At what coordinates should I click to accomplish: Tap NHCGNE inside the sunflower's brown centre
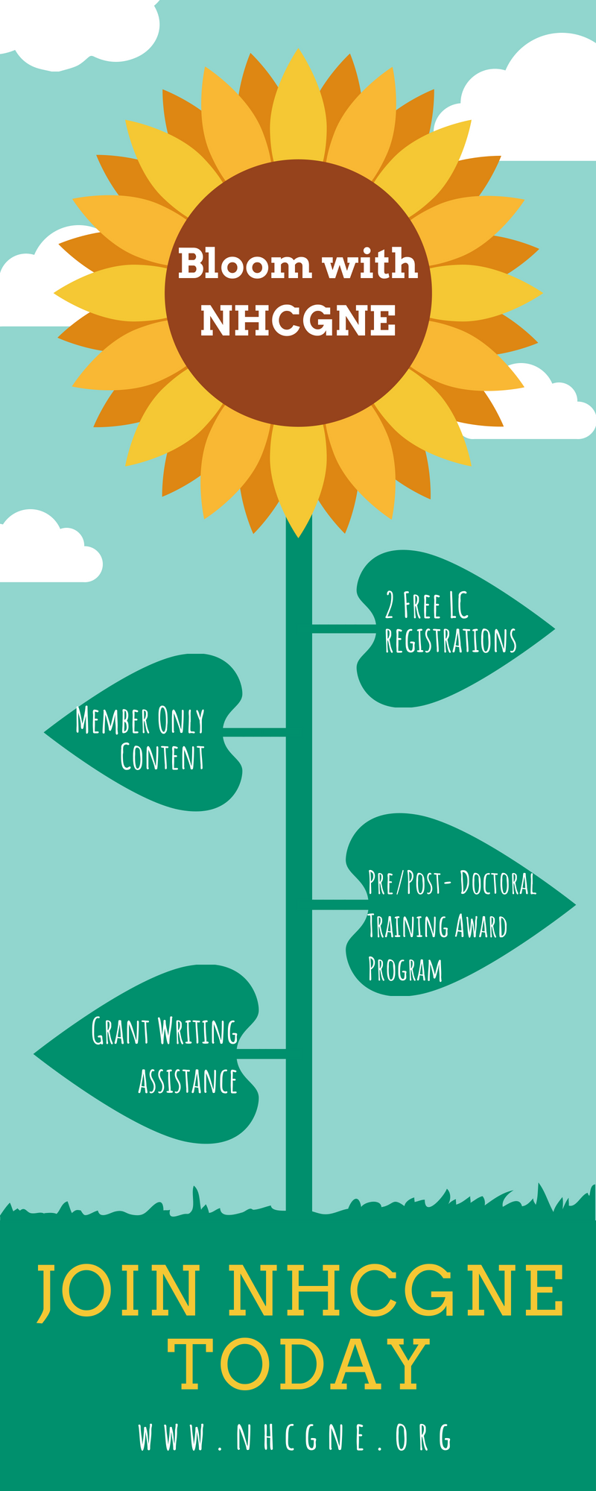pyautogui.click(x=298, y=321)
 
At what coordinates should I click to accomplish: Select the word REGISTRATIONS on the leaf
pyautogui.click(x=450, y=641)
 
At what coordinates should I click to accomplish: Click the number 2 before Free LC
pyautogui.click(x=390, y=606)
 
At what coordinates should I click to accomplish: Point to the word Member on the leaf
pyautogui.click(x=112, y=721)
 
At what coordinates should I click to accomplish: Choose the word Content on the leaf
pyautogui.click(x=162, y=757)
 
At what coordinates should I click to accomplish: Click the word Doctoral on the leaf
pyautogui.click(x=498, y=883)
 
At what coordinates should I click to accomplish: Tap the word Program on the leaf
pyautogui.click(x=405, y=969)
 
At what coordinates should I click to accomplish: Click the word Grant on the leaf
pyautogui.click(x=120, y=1032)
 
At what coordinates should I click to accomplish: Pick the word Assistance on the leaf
pyautogui.click(x=188, y=1082)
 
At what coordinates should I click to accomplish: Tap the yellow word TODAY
pyautogui.click(x=298, y=1365)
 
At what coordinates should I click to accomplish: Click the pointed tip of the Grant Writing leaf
pyautogui.click(x=37, y=1054)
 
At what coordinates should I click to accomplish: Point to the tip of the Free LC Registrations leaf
pyautogui.click(x=552, y=629)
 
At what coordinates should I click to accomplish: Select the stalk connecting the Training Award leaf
pyautogui.click(x=338, y=904)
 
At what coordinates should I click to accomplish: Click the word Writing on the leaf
pyautogui.click(x=197, y=1032)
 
